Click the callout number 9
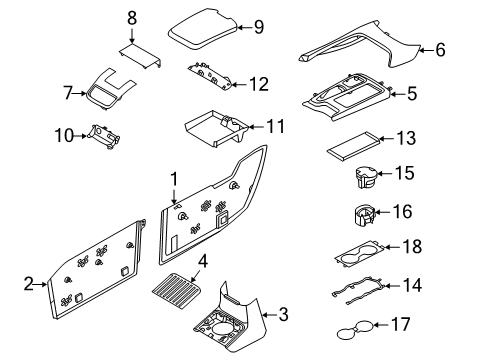click(x=258, y=27)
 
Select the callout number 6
click(x=441, y=48)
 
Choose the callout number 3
click(x=283, y=316)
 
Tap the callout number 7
click(x=68, y=93)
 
